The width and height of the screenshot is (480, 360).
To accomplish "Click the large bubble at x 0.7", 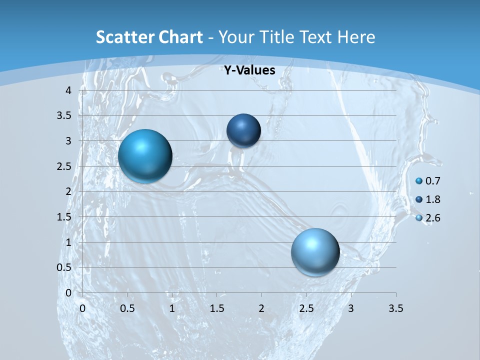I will click(145, 156).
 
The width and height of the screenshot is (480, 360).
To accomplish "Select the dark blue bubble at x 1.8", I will click(243, 130).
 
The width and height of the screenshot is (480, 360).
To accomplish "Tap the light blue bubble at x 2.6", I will click(315, 252).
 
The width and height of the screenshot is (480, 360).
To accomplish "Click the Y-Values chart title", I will click(249, 70).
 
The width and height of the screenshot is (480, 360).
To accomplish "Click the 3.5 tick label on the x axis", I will click(395, 308).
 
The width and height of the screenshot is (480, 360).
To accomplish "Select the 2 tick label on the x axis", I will click(261, 308).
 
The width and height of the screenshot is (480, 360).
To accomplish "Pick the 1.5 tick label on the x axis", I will click(216, 308).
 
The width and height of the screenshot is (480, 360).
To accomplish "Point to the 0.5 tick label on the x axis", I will click(127, 308).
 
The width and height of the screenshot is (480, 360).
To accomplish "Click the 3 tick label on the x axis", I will click(351, 308).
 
